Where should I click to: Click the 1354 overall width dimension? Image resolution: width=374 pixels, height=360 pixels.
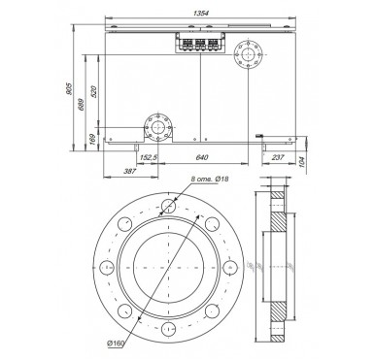pos(201,14)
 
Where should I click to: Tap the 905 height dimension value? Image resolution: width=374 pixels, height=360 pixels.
pos(69,88)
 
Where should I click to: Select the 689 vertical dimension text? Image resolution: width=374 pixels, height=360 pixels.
pos(82,104)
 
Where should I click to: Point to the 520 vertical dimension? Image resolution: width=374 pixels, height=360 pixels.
pos(93,92)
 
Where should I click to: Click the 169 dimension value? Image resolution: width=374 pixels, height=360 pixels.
pos(93,139)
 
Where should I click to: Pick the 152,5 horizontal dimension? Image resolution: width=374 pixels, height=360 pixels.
pos(149,157)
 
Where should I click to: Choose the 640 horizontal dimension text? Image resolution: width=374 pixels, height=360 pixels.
pos(202,157)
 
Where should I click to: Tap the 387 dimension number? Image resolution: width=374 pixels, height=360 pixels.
pos(129,172)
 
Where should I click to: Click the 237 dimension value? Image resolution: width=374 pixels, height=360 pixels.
pos(278,157)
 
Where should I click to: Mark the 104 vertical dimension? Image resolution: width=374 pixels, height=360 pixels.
pos(301,162)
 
